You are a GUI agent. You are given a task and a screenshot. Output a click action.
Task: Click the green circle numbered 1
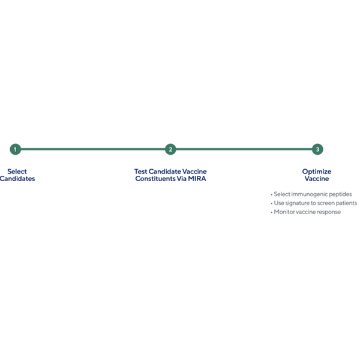(16, 149)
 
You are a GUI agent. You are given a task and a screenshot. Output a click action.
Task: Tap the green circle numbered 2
(170, 149)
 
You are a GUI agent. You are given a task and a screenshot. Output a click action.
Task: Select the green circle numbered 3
(317, 149)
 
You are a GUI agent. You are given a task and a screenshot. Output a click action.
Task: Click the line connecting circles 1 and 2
(93, 149)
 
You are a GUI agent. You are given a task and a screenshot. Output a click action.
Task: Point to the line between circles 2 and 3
(244, 149)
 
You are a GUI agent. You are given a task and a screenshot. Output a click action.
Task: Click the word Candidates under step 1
(17, 179)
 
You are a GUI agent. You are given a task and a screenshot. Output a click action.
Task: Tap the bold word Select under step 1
(17, 172)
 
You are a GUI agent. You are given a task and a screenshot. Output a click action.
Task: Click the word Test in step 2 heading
(140, 172)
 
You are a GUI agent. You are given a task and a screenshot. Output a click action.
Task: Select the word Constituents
(155, 179)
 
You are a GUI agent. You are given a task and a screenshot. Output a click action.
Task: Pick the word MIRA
(197, 179)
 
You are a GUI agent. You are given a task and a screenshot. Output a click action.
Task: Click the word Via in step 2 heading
(182, 179)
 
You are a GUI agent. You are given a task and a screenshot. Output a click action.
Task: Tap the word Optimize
(317, 172)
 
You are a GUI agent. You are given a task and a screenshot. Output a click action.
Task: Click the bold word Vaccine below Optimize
(317, 179)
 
